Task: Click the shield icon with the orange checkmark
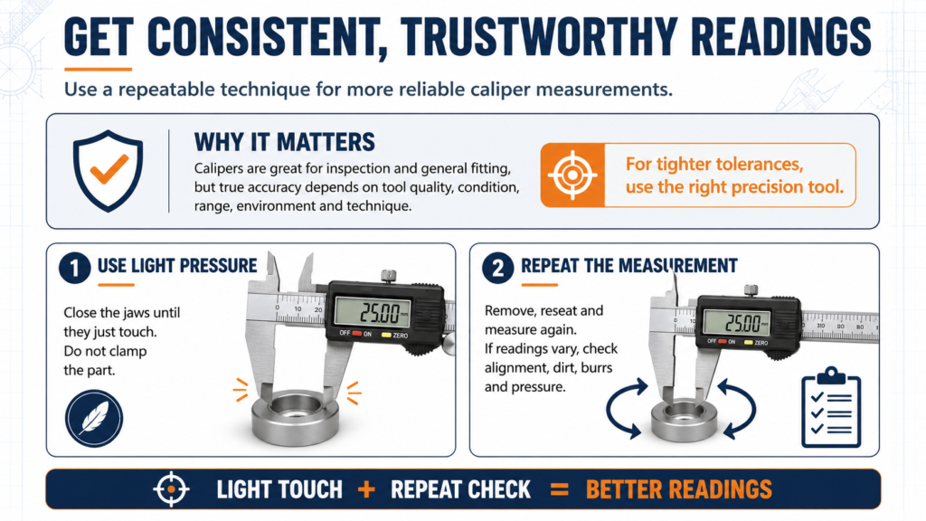tap(108, 171)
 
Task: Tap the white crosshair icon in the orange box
tap(572, 175)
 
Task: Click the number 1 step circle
tap(74, 268)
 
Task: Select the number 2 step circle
tap(498, 268)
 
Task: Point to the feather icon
tap(94, 418)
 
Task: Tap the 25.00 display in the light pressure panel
tap(373, 312)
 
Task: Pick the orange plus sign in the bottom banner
tap(366, 489)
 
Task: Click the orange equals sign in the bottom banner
tap(559, 489)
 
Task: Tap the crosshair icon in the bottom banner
tap(171, 489)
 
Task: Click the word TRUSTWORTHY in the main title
tap(540, 36)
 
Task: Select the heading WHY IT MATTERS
tap(285, 142)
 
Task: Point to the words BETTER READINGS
tap(678, 489)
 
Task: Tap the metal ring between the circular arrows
tap(684, 419)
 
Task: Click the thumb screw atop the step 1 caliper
tap(388, 276)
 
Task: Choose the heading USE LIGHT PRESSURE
tap(177, 266)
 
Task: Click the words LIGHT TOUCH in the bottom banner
tap(279, 489)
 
